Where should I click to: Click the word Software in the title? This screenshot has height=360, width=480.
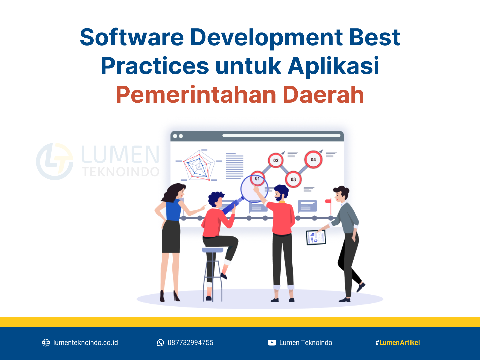pyautogui.click(x=132, y=37)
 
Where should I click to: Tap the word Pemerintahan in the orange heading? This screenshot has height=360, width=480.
pyautogui.click(x=196, y=94)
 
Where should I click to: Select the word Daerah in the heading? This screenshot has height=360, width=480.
pyautogui.click(x=323, y=94)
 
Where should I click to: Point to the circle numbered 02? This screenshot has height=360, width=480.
pyautogui.click(x=276, y=160)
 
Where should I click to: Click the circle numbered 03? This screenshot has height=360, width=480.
pyautogui.click(x=293, y=179)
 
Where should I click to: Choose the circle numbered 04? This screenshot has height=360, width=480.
pyautogui.click(x=313, y=159)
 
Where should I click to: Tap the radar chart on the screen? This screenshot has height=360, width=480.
pyautogui.click(x=199, y=165)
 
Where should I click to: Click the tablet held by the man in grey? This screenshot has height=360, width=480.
pyautogui.click(x=316, y=237)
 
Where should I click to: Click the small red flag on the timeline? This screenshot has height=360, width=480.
pyautogui.click(x=328, y=201)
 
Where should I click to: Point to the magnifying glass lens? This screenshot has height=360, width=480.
pyautogui.click(x=254, y=189)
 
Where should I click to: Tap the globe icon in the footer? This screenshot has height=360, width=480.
pyautogui.click(x=46, y=342)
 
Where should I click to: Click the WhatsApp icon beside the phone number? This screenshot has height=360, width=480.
pyautogui.click(x=160, y=342)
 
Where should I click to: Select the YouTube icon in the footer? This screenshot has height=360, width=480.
pyautogui.click(x=272, y=342)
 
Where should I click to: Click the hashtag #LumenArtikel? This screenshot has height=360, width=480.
pyautogui.click(x=397, y=342)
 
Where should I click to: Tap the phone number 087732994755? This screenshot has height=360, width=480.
pyautogui.click(x=190, y=342)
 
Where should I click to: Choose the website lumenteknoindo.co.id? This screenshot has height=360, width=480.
pyautogui.click(x=86, y=342)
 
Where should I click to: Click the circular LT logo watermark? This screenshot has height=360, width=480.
pyautogui.click(x=55, y=162)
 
